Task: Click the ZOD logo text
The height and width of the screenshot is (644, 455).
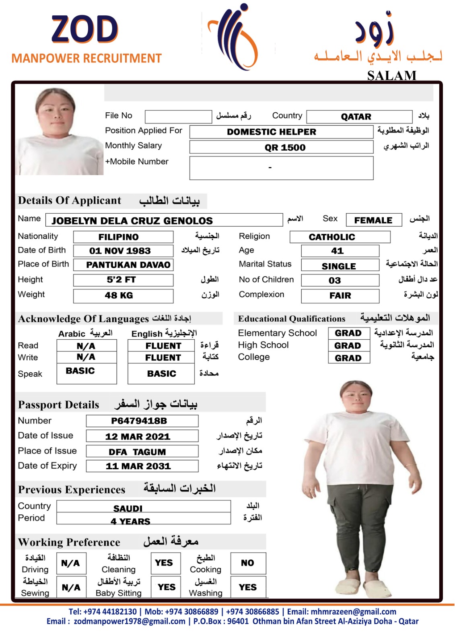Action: click(85, 29)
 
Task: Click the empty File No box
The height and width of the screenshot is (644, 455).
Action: click(178, 116)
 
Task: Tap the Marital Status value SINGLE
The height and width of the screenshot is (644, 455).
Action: click(340, 266)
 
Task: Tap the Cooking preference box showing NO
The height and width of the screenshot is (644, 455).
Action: click(248, 563)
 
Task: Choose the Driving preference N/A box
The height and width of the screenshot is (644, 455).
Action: click(70, 563)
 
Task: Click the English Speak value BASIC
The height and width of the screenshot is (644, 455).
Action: click(161, 374)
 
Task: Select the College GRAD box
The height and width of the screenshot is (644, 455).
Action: click(349, 358)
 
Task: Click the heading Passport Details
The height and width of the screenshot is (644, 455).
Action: click(59, 405)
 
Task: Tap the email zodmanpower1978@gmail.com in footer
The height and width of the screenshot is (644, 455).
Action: click(129, 621)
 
